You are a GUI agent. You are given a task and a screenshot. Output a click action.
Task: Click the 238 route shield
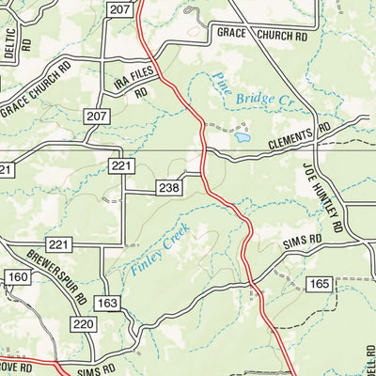(x=169, y=189)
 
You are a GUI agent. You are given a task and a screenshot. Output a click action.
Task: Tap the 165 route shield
(x=320, y=283)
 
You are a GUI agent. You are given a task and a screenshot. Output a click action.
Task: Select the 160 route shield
(x=18, y=277)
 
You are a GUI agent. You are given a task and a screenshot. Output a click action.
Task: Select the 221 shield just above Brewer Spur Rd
(x=59, y=244)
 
